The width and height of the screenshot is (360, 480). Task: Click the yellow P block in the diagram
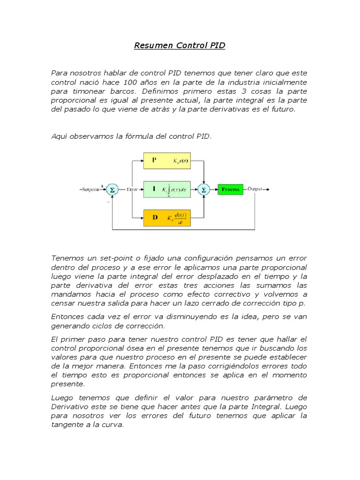[x=166, y=161]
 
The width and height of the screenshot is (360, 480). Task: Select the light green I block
[x=166, y=189]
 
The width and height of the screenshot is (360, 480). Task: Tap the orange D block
[x=166, y=217]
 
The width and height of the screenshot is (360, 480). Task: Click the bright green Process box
[x=231, y=189]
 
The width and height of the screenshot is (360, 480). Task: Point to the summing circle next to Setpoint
[x=112, y=189]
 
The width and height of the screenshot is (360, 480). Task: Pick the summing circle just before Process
[x=204, y=189]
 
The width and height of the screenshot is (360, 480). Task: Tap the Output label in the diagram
[x=256, y=189]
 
